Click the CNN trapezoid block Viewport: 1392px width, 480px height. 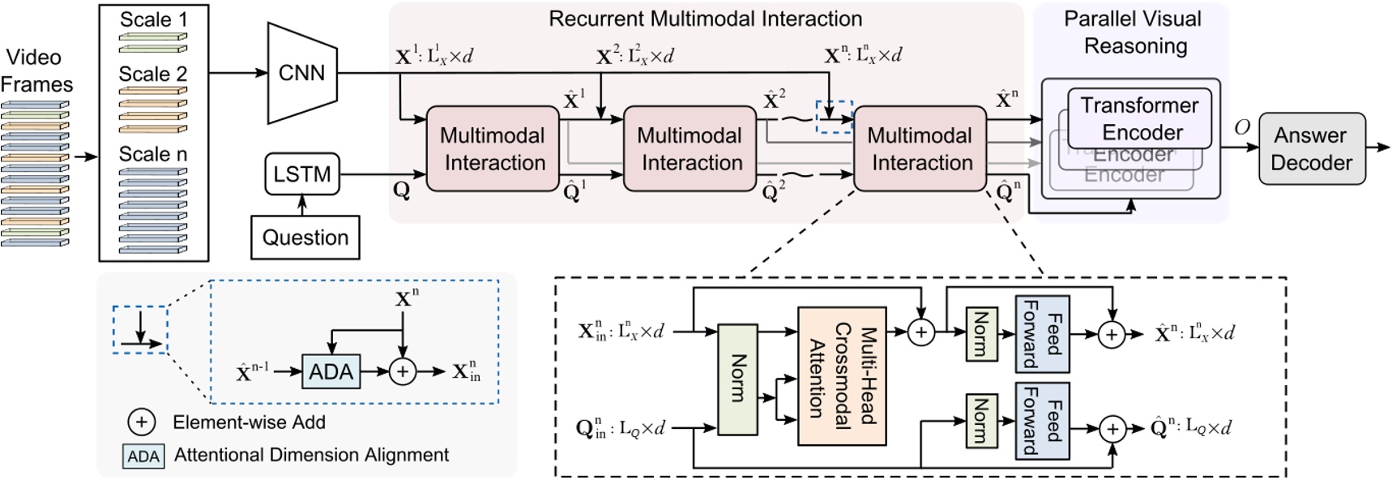point(302,73)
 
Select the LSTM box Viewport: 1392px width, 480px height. point(302,174)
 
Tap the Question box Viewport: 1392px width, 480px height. point(305,238)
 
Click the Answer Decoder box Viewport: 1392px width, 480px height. point(1311,148)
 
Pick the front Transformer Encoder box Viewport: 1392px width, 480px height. point(1140,118)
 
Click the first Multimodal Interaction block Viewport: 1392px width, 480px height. point(493,148)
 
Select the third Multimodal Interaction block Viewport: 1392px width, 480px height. point(920,148)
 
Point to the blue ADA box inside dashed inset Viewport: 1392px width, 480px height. point(331,372)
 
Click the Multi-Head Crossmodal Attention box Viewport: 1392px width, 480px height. point(842,375)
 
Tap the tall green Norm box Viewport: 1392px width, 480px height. point(737,379)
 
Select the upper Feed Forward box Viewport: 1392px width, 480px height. point(1042,333)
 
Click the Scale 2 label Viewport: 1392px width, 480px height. point(152,75)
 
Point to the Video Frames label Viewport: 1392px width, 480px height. point(36,71)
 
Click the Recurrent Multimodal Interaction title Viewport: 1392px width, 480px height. point(705,19)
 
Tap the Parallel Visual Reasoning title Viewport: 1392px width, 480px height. point(1134,32)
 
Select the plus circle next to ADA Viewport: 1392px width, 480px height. point(403,372)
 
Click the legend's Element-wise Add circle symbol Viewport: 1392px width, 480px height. point(141,422)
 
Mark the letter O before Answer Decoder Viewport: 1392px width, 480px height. point(1241,127)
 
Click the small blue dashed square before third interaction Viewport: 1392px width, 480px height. point(834,117)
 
